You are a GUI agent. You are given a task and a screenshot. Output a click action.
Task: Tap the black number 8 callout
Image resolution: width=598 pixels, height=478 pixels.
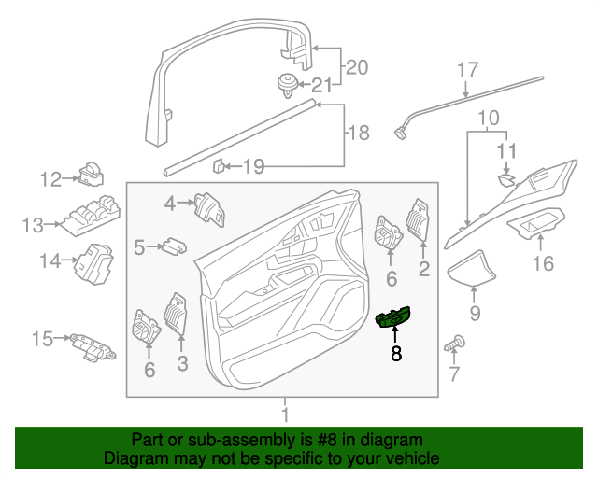coord(395,354)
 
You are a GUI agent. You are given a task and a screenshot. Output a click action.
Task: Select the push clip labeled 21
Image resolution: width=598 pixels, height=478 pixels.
coord(289,83)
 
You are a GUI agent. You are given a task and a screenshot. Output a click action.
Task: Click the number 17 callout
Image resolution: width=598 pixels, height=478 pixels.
coord(468,70)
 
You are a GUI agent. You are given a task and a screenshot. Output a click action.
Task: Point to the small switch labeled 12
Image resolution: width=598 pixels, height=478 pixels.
coord(94,174)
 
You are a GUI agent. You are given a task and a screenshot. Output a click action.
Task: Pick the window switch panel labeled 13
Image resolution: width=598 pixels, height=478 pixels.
coord(91,216)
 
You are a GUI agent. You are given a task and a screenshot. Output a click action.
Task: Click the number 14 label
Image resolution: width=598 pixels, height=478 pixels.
coord(50,261)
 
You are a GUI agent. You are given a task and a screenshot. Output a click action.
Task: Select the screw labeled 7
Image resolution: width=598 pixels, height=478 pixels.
coord(457,346)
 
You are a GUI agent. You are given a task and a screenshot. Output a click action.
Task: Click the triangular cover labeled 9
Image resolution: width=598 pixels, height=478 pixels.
coord(475,268)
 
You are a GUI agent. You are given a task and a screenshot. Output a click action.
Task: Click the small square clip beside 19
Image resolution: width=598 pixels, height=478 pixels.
coord(217,167)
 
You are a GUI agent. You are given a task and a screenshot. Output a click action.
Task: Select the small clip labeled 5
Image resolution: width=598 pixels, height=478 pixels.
coord(173,246)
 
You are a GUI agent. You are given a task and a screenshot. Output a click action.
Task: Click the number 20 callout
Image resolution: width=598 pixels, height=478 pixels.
coord(357,67)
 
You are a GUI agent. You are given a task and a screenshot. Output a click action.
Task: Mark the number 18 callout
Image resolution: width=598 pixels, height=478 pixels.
coord(357,134)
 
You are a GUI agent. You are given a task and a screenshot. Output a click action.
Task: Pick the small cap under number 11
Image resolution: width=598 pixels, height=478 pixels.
coord(505,177)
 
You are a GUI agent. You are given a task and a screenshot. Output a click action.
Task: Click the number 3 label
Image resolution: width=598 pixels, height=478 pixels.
coord(182,360)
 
